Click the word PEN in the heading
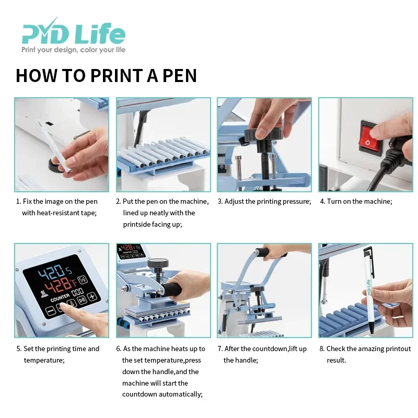click(179, 76)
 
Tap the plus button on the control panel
click(92, 296)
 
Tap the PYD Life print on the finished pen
click(369, 287)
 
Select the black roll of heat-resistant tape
click(56, 165)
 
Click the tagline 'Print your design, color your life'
click(73, 50)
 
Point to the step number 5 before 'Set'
click(18, 349)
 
